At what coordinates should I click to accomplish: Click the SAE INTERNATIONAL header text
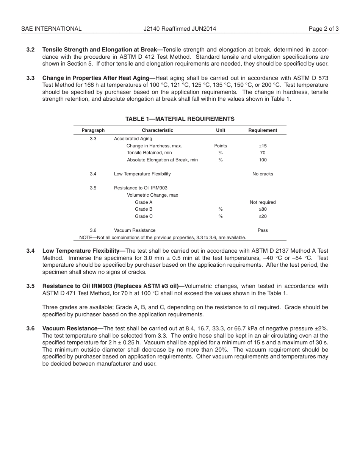click(51, 29)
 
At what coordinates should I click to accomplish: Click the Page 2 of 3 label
click(324, 29)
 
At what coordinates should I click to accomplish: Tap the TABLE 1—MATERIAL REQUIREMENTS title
click(180, 119)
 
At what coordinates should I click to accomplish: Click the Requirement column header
click(263, 130)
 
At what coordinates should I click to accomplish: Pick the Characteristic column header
click(157, 130)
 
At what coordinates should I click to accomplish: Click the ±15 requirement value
click(263, 146)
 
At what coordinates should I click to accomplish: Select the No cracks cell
click(263, 174)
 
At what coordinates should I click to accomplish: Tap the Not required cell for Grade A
click(263, 202)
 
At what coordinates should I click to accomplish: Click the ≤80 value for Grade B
click(263, 209)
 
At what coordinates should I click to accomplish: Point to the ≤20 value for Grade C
click(263, 216)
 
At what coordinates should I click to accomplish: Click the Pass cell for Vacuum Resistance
click(263, 230)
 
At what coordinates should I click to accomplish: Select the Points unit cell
click(221, 146)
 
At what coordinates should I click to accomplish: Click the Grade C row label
click(144, 216)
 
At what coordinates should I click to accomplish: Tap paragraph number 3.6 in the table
click(93, 230)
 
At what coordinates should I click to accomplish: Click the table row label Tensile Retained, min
click(149, 153)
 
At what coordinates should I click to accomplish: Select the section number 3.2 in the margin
click(31, 50)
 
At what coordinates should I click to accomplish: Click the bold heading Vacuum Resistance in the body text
click(70, 328)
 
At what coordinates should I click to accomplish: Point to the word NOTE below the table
click(86, 238)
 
